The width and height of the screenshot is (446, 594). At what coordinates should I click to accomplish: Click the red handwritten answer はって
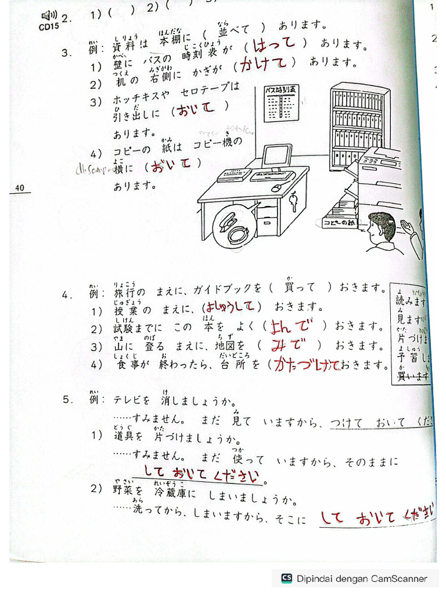pyautogui.click(x=275, y=44)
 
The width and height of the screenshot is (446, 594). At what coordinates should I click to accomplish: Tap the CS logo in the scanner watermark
pyautogui.click(x=286, y=578)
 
